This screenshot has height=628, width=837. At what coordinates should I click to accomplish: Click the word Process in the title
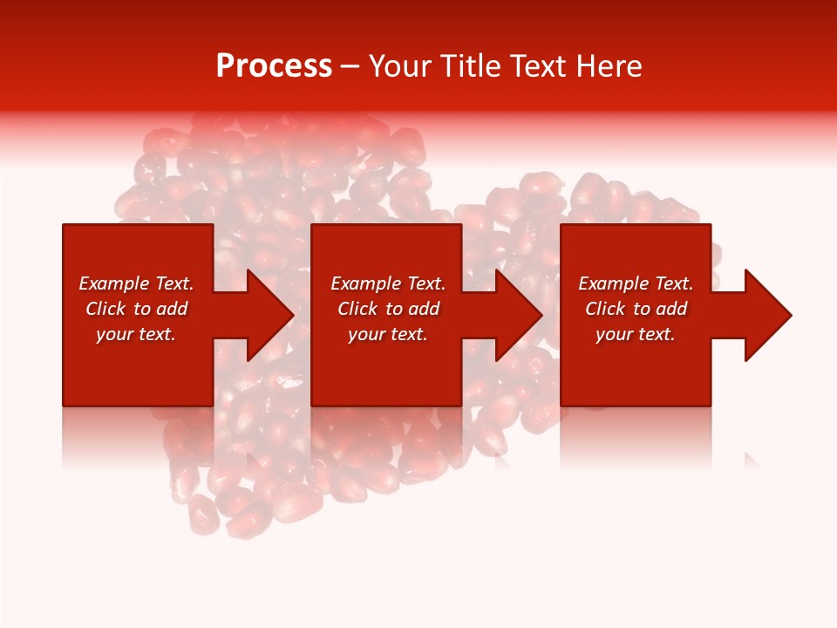pos(274,66)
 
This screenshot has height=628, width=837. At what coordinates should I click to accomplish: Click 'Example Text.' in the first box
pos(136,283)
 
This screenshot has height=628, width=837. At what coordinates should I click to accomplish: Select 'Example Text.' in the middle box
pos(388,283)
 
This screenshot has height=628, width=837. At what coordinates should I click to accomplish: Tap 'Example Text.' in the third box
pos(636,283)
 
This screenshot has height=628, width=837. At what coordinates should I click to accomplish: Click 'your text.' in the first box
pos(136,334)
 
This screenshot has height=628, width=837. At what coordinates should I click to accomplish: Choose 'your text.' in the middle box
pos(388,334)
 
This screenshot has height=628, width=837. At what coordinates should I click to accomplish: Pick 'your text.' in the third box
pos(636,334)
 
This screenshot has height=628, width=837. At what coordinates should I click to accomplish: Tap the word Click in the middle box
pos(358,309)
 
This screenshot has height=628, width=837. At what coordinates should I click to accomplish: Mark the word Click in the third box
pos(606,309)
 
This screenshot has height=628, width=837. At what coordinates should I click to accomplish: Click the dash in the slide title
pos(350,67)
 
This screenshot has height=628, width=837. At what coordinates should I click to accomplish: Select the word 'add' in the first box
pos(171,309)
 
